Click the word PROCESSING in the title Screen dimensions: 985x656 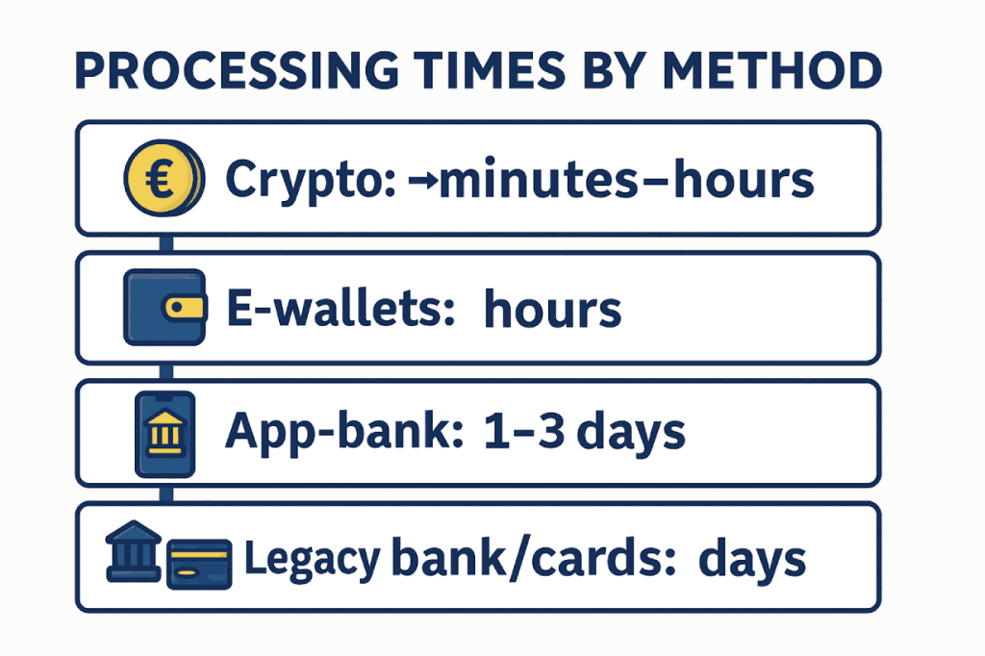(237, 70)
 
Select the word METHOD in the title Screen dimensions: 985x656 (772, 70)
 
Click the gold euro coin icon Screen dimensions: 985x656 (164, 178)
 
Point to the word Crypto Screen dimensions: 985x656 (311, 180)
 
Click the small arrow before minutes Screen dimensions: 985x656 (423, 181)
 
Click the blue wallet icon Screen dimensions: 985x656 (164, 307)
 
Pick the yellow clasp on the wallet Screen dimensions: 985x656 (184, 307)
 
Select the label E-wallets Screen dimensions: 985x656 (341, 308)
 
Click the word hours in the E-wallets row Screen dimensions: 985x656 (553, 308)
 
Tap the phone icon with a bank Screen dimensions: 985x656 (165, 434)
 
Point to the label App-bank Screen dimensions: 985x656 (344, 432)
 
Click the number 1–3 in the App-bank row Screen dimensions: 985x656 (524, 432)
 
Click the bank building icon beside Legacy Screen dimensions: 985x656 (133, 550)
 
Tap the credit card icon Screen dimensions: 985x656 (199, 564)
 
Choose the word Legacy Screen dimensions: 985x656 (312, 559)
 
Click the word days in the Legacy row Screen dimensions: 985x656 (752, 559)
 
